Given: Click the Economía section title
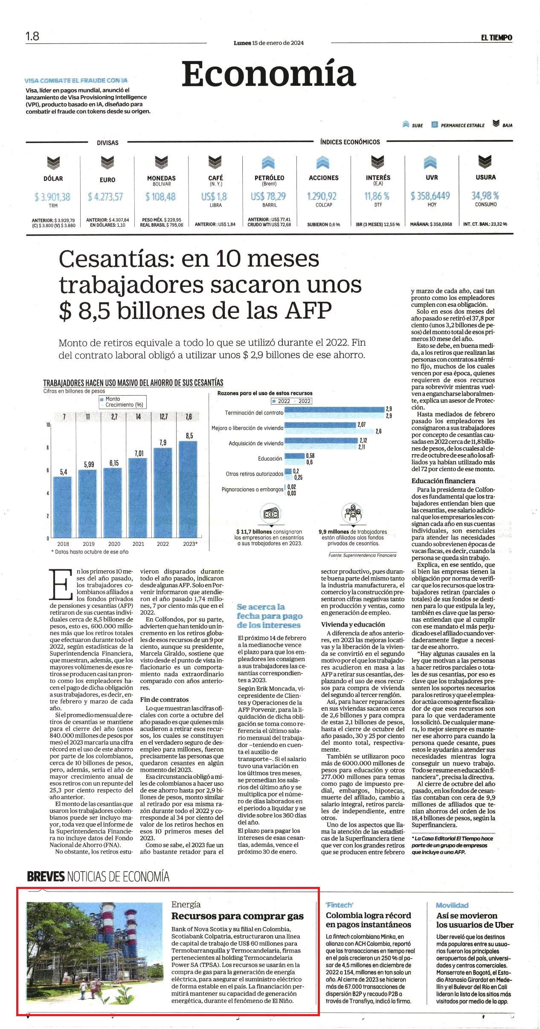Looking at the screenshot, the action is [x=269, y=73].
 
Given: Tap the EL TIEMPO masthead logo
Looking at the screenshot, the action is [x=496, y=38].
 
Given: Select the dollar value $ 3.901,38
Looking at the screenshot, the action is [x=52, y=197].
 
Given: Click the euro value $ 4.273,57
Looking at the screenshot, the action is [x=105, y=197].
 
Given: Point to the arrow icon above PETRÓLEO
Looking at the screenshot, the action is [x=268, y=163].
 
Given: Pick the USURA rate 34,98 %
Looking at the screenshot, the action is [x=485, y=195].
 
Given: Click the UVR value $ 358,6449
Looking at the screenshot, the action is [x=430, y=195].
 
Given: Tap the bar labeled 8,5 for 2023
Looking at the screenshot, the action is [x=188, y=490].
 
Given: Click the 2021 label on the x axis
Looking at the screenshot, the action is [x=138, y=544].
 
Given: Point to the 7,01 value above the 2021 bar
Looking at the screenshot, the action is [x=139, y=453].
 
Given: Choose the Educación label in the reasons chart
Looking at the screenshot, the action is [x=270, y=458].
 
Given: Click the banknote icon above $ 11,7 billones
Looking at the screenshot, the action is [x=271, y=514].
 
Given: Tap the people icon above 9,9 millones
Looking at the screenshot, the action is [x=353, y=514].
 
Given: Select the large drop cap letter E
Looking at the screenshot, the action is [x=60, y=584].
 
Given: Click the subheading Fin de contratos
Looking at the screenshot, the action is [x=164, y=700].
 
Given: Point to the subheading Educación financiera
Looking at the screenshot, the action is [x=443, y=481].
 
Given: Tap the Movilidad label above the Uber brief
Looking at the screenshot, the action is [x=452, y=905].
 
